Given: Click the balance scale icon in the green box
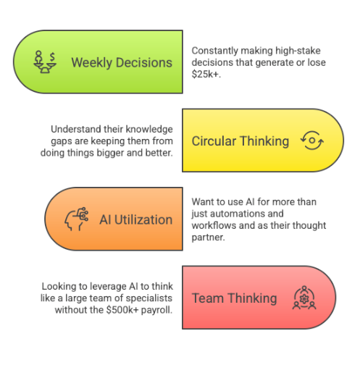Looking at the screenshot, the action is tap(45, 62).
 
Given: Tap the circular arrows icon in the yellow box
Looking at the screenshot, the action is tap(312, 140).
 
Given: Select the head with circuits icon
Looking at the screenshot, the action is tap(76, 219).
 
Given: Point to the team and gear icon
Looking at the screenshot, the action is tap(304, 298).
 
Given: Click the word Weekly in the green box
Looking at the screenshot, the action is tap(92, 63).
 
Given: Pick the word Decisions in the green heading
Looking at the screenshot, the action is tap(144, 62).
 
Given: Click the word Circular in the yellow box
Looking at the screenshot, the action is tap(214, 141).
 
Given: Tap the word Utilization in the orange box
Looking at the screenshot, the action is tap(143, 219).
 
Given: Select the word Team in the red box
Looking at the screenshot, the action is tap(208, 298).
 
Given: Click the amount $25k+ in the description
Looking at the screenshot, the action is tap(206, 74).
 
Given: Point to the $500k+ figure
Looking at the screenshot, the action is tap(122, 310).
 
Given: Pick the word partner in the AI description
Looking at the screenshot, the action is tap(208, 238).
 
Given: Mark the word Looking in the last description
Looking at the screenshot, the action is tap(59, 287).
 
